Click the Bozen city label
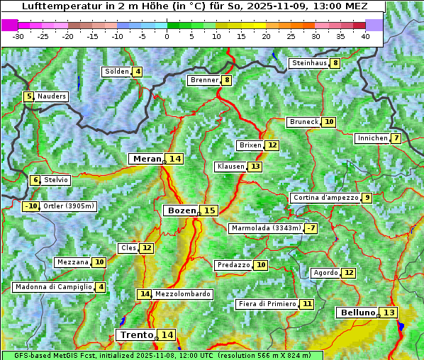[181, 210]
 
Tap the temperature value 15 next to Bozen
[209, 210]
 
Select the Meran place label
[147, 159]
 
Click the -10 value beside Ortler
[30, 206]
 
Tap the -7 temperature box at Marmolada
[311, 228]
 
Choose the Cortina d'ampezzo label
[325, 198]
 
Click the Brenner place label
[204, 80]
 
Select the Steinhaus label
[309, 63]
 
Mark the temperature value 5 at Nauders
[29, 96]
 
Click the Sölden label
[117, 72]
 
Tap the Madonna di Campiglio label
[53, 287]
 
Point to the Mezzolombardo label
[182, 294]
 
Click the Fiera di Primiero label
[267, 303]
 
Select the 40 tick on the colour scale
[365, 36]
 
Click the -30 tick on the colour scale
[18, 36]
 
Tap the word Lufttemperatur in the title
[54, 6]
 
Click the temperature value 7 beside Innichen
[396, 138]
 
